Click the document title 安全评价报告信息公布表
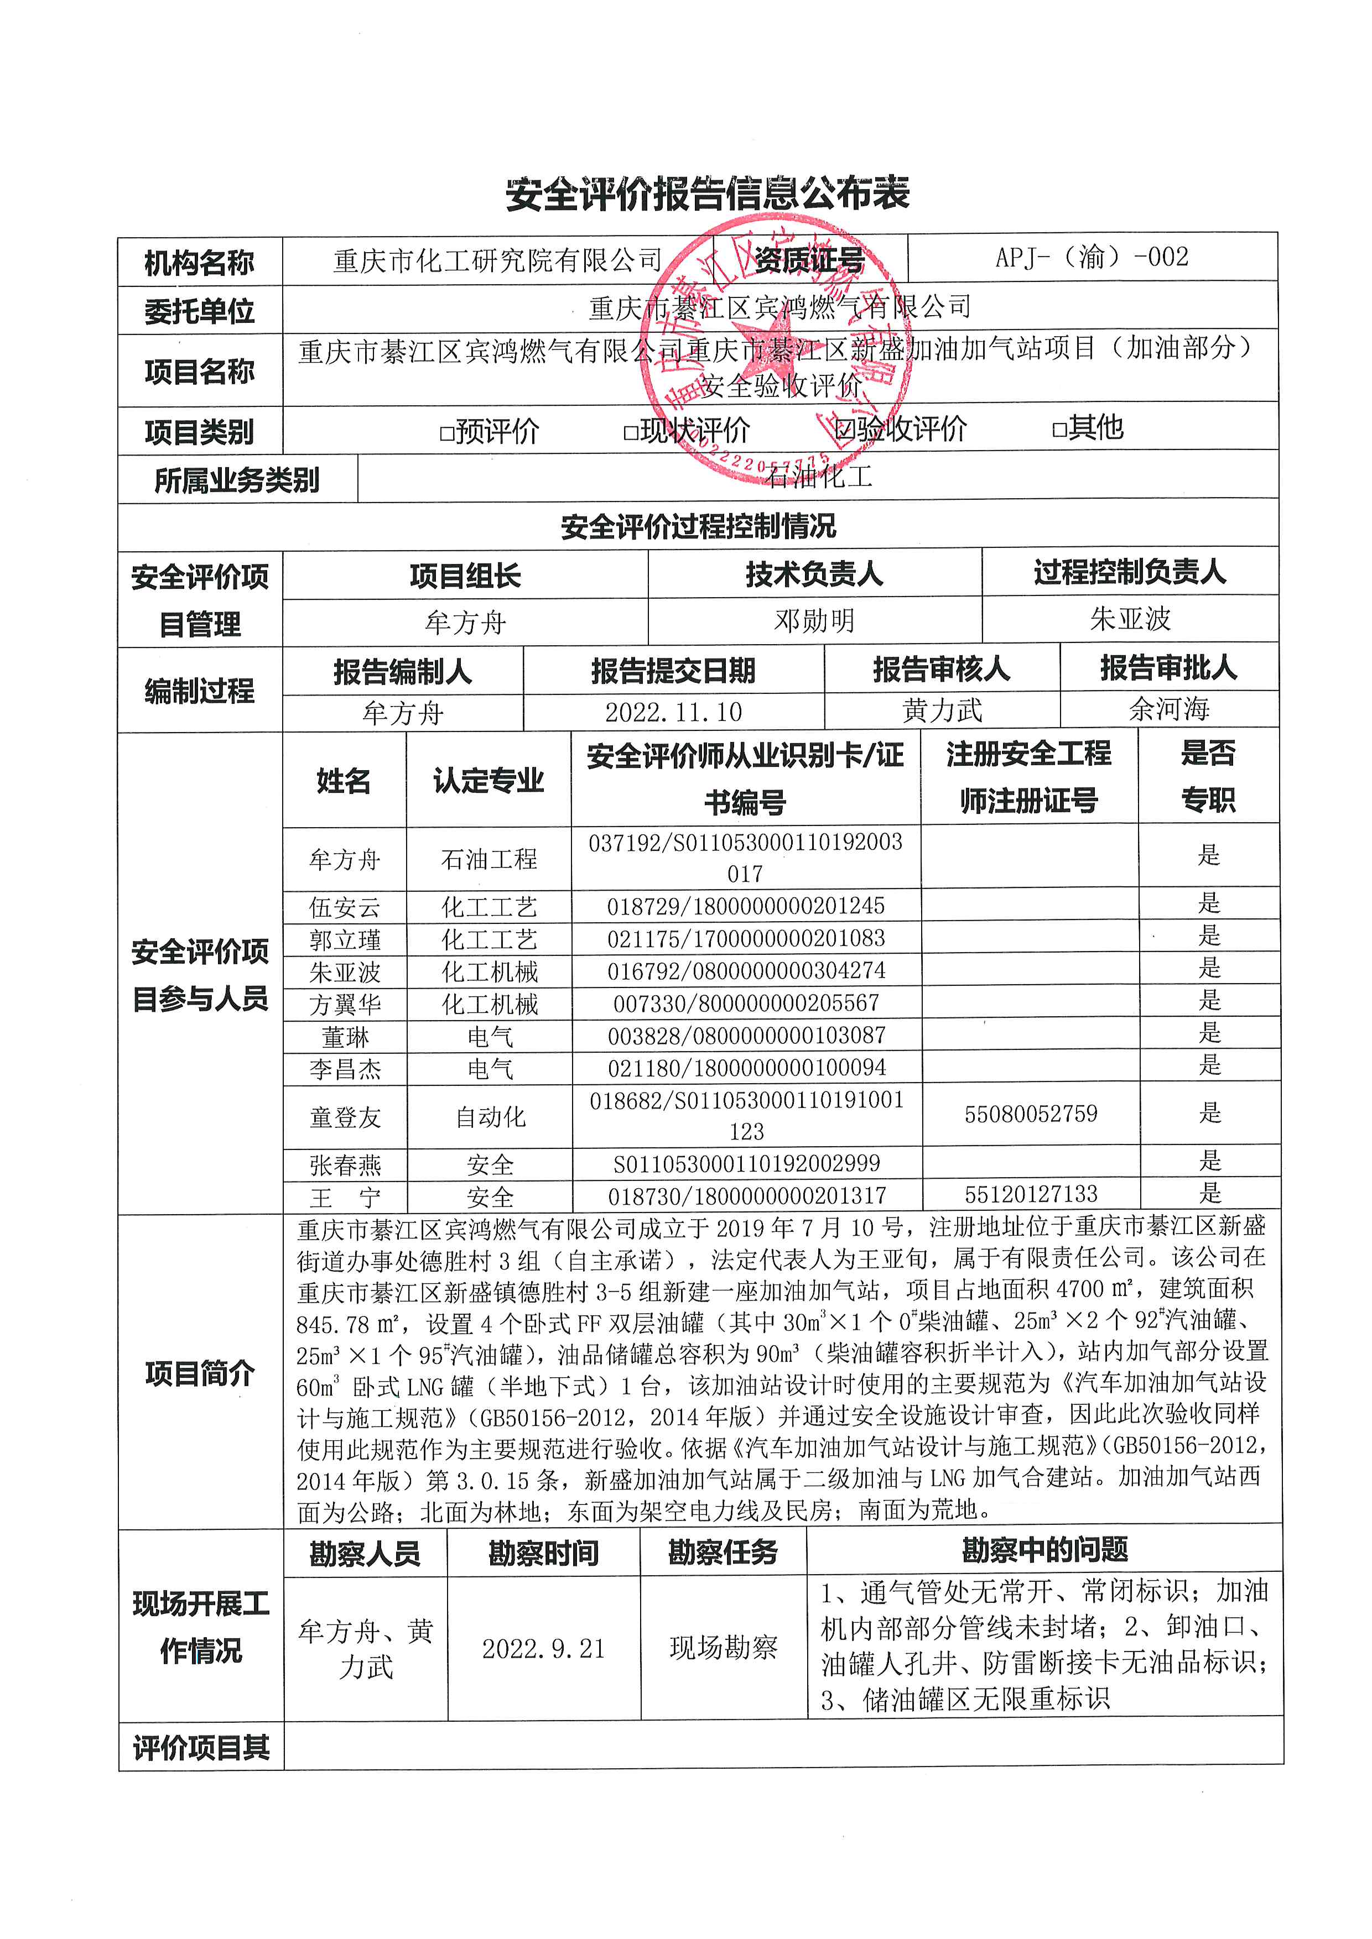pyautogui.click(x=707, y=194)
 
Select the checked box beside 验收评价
pyautogui.click(x=843, y=429)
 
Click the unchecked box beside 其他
pyautogui.click(x=1059, y=429)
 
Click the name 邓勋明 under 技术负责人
pyautogui.click(x=814, y=621)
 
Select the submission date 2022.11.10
pyautogui.click(x=673, y=712)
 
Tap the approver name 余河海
pyautogui.click(x=1169, y=709)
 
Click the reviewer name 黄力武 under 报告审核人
pyautogui.click(x=942, y=710)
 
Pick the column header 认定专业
pyautogui.click(x=488, y=780)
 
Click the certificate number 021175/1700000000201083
pyautogui.click(x=746, y=938)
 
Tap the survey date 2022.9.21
pyautogui.click(x=544, y=1649)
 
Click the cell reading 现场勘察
pyautogui.click(x=723, y=1648)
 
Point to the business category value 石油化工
pyautogui.click(x=818, y=477)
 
